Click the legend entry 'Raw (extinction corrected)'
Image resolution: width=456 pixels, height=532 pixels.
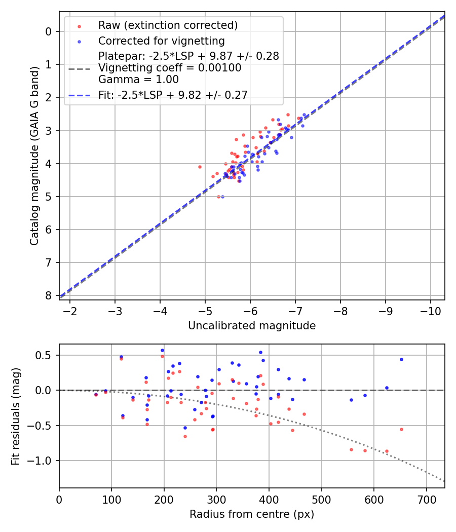pos(168,25)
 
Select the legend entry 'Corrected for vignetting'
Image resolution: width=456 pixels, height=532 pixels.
pos(162,41)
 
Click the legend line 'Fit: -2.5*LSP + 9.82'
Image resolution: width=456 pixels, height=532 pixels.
pos(173,95)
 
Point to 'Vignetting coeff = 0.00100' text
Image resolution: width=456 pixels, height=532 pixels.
pos(170,67)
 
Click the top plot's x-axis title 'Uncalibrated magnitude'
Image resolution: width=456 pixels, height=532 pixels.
pos(252,326)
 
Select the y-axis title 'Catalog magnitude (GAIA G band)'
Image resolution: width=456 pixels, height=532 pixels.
pos(34,156)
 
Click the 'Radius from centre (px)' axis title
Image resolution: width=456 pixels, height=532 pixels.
pos(252,514)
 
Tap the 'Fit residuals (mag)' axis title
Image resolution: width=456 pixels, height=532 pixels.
pos(16,415)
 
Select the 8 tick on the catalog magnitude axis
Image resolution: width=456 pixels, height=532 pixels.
pos(49,295)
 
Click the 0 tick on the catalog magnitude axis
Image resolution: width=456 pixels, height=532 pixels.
pos(49,31)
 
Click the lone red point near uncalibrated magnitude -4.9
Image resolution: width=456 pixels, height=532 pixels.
pos(200,167)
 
